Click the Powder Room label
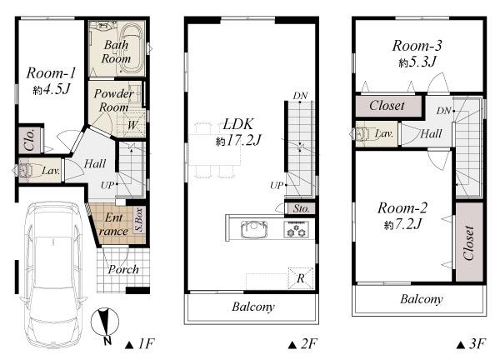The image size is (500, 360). tap(112, 100)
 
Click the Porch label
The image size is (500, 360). tap(123, 269)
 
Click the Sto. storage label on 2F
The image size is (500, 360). tap(300, 207)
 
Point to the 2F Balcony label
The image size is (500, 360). tap(252, 307)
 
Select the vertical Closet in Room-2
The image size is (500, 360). tap(468, 242)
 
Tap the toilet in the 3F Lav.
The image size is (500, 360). tap(363, 133)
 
